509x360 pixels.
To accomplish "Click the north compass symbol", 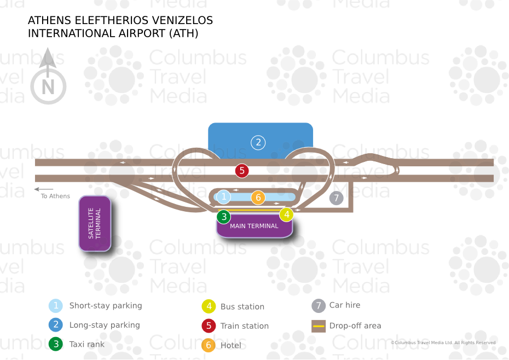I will click(48, 79).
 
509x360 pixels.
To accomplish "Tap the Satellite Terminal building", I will click(95, 223).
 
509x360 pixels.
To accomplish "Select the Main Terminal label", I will click(254, 226).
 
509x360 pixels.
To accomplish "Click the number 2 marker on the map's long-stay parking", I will click(258, 143).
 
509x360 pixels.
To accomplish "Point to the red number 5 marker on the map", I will click(242, 171).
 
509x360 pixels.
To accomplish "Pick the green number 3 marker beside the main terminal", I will click(223, 217).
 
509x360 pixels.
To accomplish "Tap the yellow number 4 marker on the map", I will click(286, 214).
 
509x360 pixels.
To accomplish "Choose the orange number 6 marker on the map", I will click(258, 197).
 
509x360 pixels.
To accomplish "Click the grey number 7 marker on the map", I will click(336, 198).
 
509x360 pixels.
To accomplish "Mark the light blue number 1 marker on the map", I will click(223, 196).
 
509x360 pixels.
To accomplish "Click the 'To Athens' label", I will click(55, 196).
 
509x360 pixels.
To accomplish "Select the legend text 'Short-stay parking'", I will click(106, 306).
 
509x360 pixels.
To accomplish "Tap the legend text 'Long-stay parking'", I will click(105, 325).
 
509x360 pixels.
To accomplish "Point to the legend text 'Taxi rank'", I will click(86, 345).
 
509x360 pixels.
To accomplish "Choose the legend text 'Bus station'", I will click(242, 307).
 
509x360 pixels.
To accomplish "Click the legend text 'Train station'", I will click(245, 326).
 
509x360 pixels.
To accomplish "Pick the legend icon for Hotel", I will click(208, 345).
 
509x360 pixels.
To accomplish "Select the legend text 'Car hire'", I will click(345, 305).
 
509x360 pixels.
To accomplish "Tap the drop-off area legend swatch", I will click(318, 326).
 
